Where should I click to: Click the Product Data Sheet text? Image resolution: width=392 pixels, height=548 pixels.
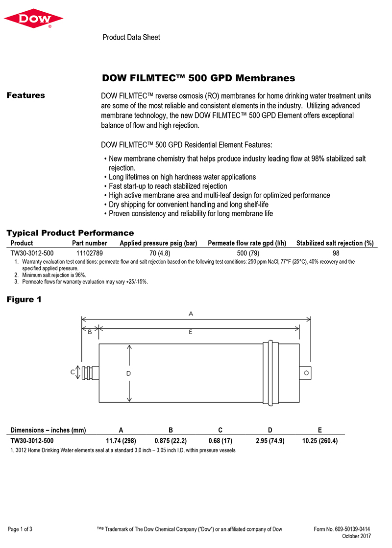131,37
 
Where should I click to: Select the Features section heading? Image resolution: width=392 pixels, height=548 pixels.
25,95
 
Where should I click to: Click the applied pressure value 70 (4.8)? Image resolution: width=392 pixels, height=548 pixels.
159,253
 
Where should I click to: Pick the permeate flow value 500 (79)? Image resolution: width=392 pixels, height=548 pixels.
247,253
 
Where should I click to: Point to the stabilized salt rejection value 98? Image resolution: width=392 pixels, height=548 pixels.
336,253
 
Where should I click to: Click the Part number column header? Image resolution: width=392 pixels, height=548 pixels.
89,243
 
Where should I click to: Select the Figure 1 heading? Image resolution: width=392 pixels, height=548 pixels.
24,299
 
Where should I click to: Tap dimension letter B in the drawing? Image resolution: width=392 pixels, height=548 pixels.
90,332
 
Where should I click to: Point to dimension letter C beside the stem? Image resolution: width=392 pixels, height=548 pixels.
73,372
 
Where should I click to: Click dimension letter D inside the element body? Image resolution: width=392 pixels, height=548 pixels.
128,373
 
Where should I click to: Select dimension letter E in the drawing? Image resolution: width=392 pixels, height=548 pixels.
191,332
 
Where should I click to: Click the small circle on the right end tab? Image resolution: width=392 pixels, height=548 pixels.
307,373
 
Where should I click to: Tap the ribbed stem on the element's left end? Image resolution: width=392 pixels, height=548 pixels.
90,373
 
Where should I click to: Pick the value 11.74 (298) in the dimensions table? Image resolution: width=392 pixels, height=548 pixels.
121,441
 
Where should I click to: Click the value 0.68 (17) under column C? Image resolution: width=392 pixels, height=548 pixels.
220,441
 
